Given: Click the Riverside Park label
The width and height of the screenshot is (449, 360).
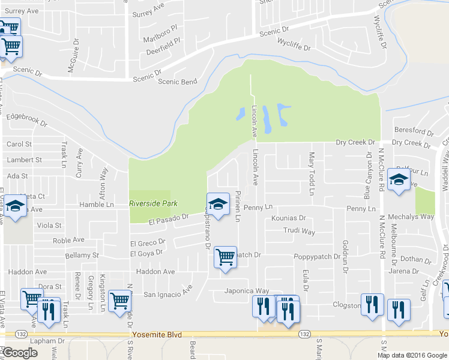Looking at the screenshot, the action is (x=154, y=203).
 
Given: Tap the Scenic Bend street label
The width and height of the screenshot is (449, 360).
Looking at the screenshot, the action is (x=177, y=82).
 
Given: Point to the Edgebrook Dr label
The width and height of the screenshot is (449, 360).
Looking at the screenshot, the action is (x=26, y=119).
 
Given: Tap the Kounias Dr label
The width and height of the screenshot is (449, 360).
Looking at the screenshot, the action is (x=288, y=218).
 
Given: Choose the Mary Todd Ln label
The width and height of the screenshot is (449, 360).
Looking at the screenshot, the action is (x=312, y=173).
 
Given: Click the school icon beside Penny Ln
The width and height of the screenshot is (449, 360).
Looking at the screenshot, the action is (x=218, y=203).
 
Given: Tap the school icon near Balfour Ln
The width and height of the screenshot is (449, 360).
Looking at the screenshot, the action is (x=399, y=179).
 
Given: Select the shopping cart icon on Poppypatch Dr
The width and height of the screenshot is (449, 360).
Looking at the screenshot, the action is (x=225, y=257).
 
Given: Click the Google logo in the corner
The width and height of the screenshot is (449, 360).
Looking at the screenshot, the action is (x=19, y=353).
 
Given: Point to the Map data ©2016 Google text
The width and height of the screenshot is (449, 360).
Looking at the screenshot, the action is (x=412, y=355).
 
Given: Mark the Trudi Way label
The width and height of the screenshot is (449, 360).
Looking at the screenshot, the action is (x=300, y=231).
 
